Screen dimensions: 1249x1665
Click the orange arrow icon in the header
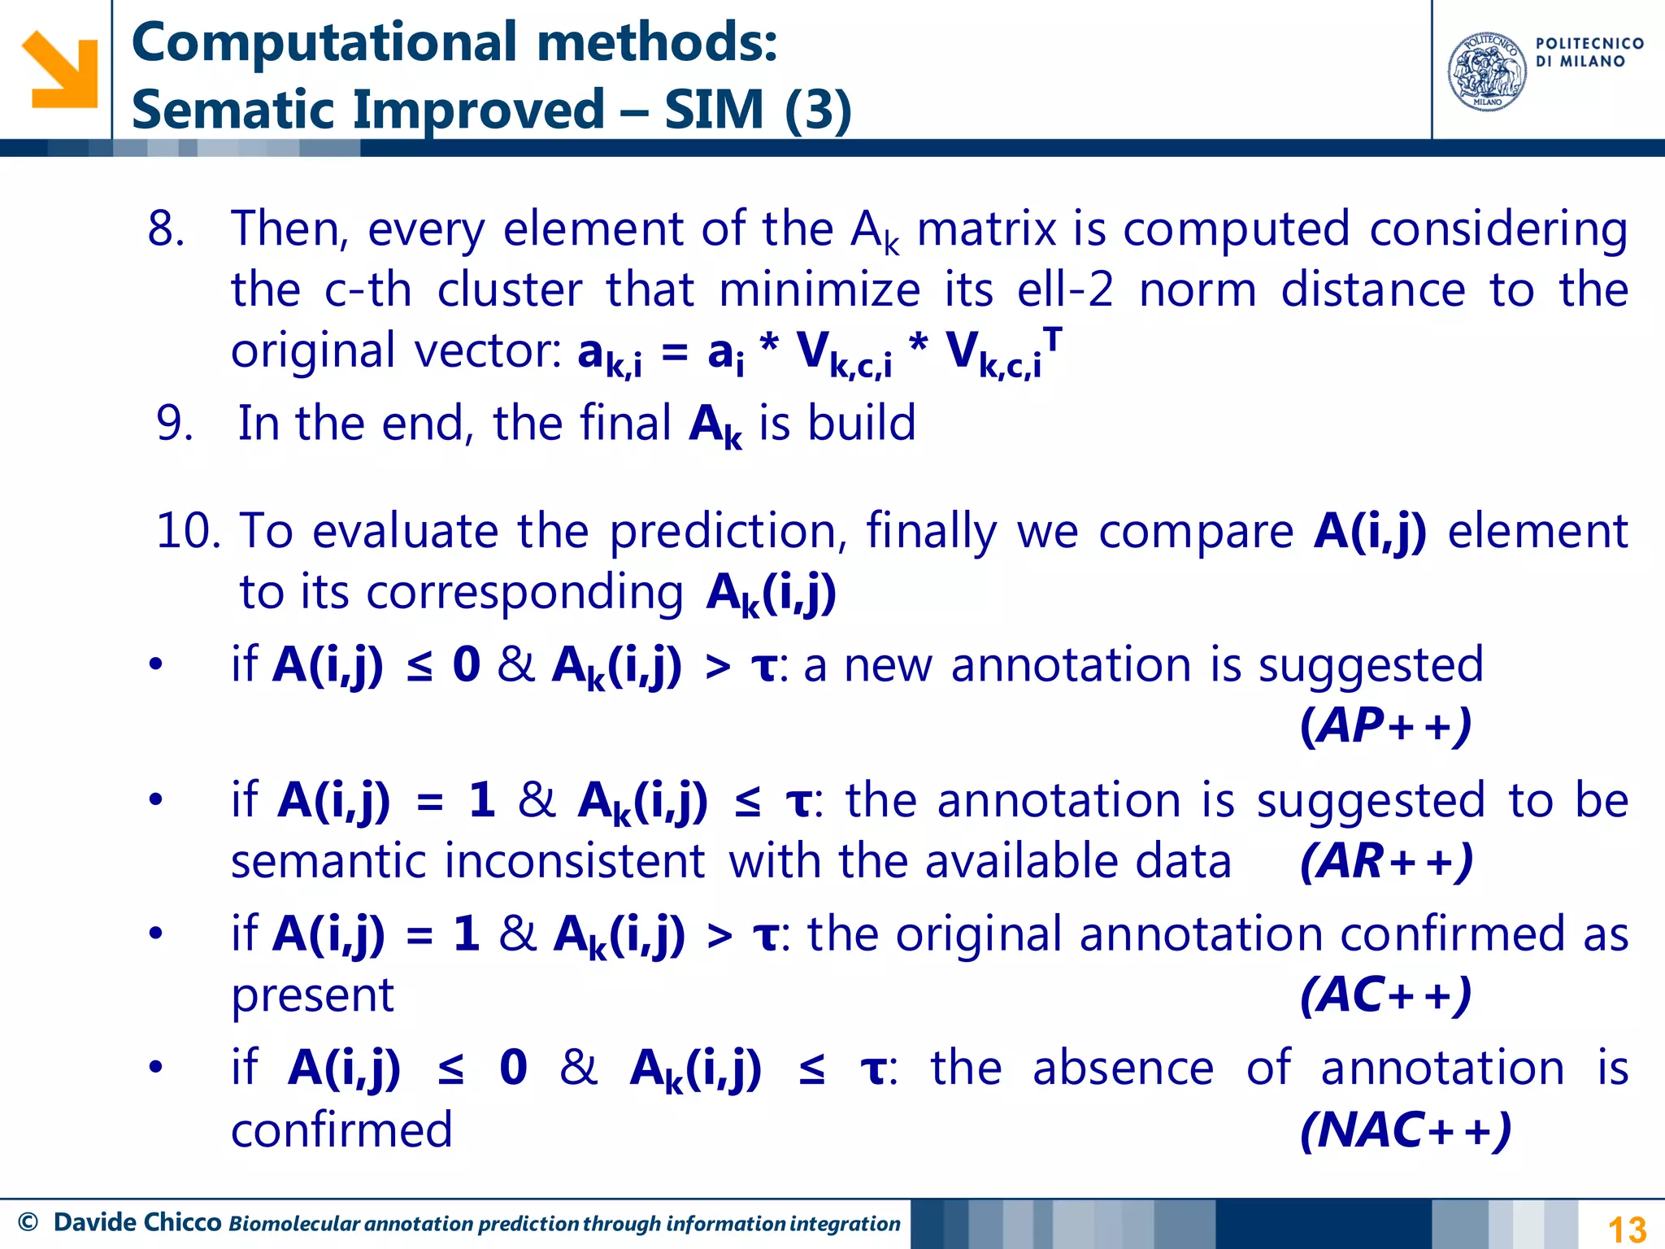click(59, 70)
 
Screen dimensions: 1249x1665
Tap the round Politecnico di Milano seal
click(1487, 72)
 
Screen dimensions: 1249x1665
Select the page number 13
click(1627, 1229)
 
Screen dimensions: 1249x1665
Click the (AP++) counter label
click(1386, 725)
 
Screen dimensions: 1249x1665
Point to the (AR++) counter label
click(1386, 861)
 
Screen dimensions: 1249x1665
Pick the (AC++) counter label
click(1386, 994)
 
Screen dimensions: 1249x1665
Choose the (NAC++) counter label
click(1406, 1129)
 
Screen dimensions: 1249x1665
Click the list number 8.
click(166, 228)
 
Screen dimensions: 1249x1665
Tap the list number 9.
click(174, 424)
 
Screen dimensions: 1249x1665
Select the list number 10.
click(188, 531)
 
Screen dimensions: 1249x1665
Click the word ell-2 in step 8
click(1064, 289)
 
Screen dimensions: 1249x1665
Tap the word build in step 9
click(862, 424)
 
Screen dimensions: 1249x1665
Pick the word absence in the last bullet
click(1123, 1068)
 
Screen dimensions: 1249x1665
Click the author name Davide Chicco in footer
click(137, 1222)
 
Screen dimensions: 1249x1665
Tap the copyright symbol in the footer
click(28, 1222)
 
